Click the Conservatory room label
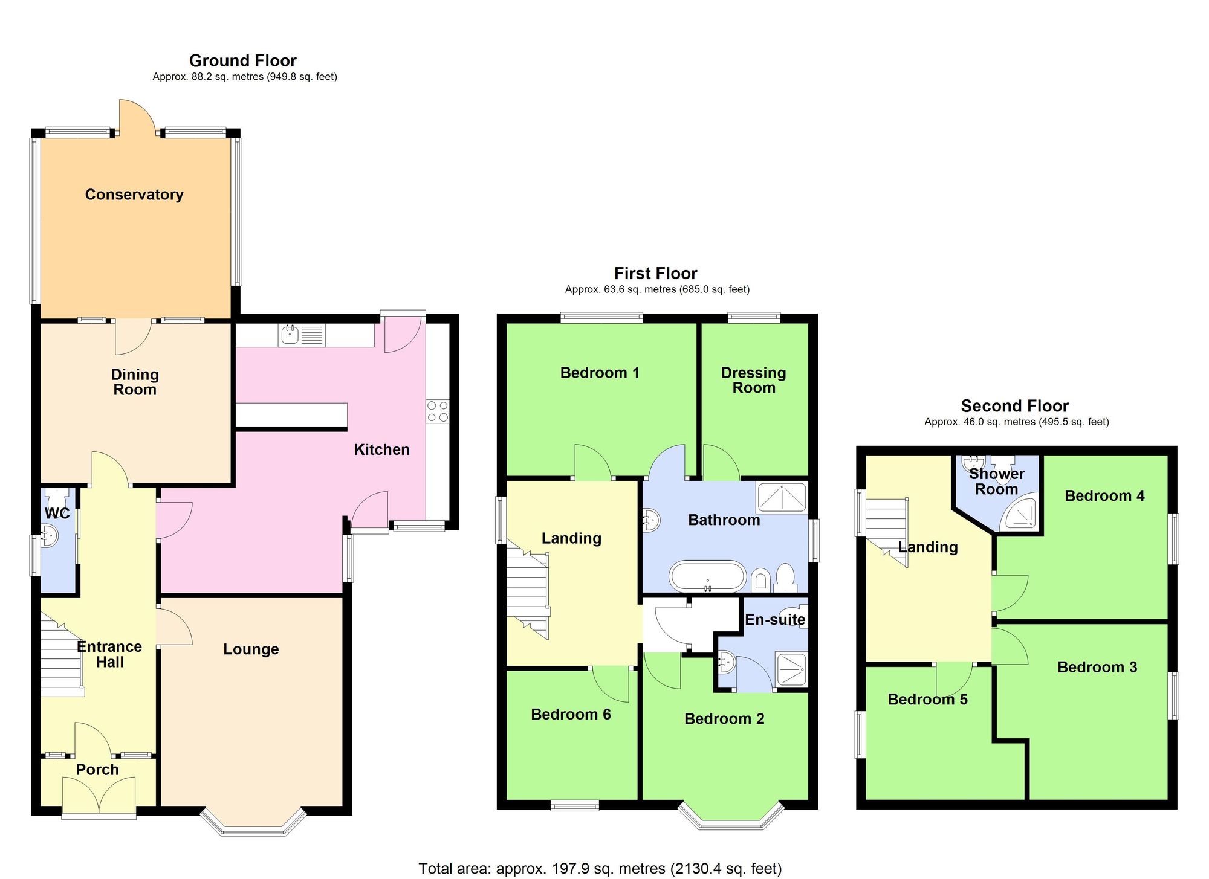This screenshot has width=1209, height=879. tap(134, 195)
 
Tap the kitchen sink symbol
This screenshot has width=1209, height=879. tap(291, 334)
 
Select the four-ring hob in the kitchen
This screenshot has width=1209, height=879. tap(438, 411)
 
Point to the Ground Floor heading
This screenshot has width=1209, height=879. tap(242, 60)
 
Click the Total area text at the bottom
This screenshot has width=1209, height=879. tap(600, 868)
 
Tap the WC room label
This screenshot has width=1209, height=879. tap(57, 514)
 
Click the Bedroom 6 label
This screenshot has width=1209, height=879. tap(571, 714)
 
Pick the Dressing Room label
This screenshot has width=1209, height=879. tap(753, 380)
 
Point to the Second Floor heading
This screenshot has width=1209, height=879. tap(1014, 405)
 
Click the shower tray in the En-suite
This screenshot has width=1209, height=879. tap(791, 669)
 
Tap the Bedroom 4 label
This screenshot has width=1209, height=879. tap(1104, 495)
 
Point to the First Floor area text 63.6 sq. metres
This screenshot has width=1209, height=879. tap(656, 289)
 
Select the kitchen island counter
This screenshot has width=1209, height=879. tap(291, 415)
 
